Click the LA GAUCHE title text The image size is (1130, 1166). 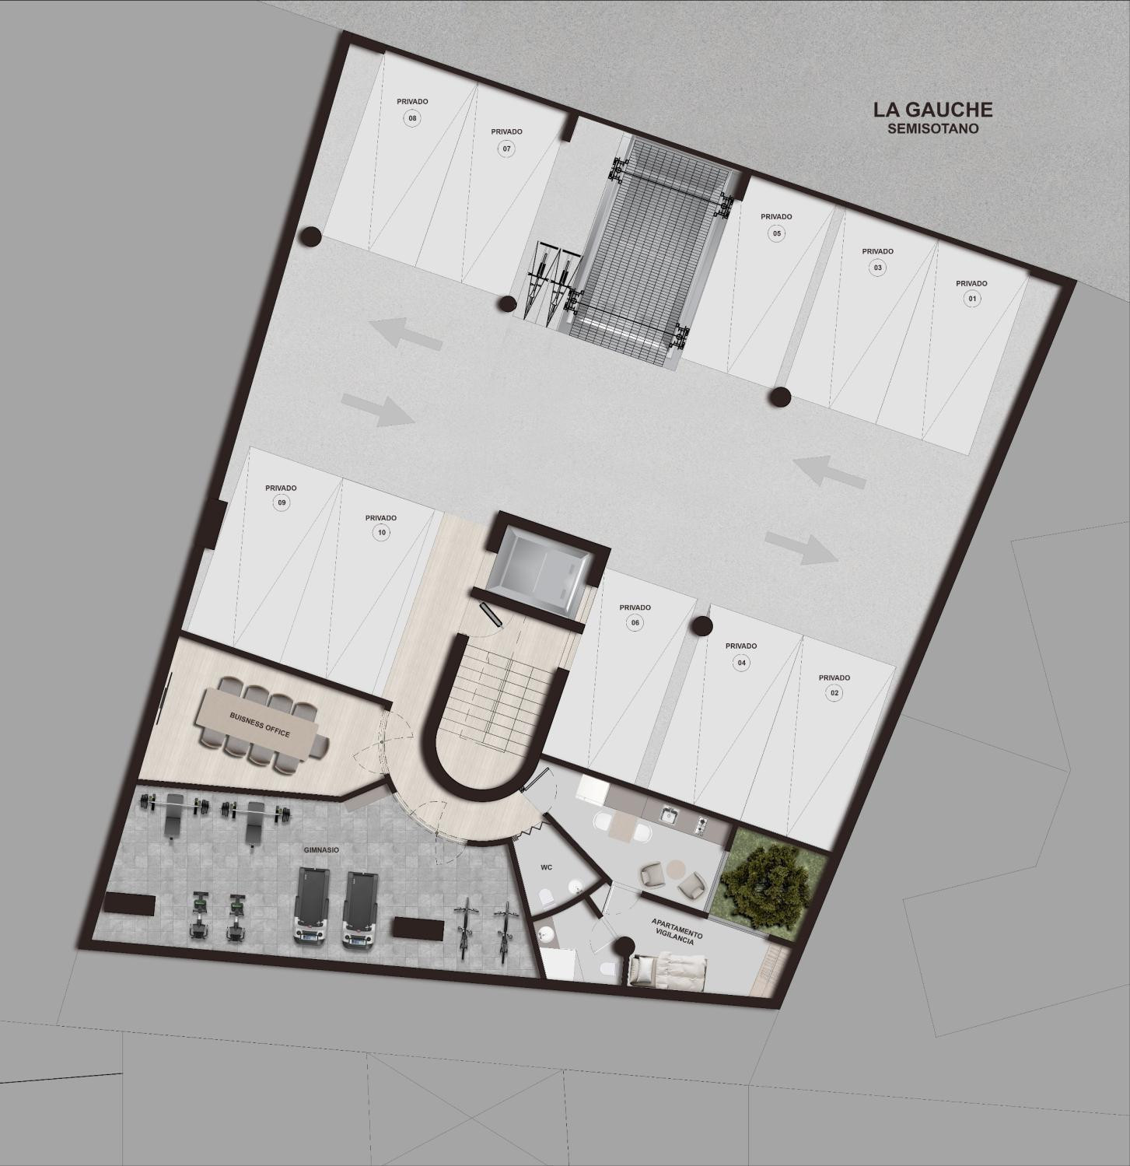click(932, 110)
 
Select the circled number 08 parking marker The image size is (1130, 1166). click(412, 118)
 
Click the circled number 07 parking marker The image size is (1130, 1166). click(506, 149)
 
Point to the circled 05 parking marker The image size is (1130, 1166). click(776, 233)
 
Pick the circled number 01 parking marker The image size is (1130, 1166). click(971, 299)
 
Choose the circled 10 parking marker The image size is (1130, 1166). click(381, 533)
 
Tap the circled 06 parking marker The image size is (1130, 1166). click(635, 622)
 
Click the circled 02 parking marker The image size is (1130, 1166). click(834, 693)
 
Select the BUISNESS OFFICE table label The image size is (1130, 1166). click(260, 724)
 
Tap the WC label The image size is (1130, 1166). click(546, 867)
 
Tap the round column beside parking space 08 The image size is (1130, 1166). click(311, 236)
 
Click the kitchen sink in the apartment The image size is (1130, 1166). click(669, 814)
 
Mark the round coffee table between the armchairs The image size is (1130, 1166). click(673, 867)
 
